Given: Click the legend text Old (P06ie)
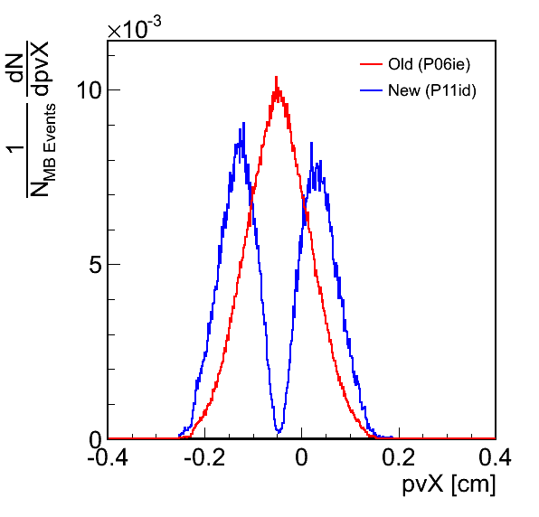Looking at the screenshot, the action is coord(429,64).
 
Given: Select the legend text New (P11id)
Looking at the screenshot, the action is coord(432,90).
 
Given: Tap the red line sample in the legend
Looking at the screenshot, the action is coord(372,64).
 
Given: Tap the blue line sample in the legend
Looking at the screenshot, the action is coord(372,90).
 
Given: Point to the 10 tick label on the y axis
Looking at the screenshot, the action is coord(90,90).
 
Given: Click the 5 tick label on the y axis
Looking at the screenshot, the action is coord(96,265).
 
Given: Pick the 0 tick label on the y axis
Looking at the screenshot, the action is coord(96,440).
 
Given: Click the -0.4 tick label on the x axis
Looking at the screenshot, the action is coord(108,458).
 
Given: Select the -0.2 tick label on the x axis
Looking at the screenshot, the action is coord(204,458).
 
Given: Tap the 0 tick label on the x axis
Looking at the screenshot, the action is coord(301,458).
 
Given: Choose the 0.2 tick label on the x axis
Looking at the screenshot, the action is coord(399,458).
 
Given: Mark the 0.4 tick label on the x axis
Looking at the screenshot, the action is coord(496,458).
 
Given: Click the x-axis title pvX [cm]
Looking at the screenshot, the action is coord(449,485).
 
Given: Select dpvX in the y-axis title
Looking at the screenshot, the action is coord(41,69).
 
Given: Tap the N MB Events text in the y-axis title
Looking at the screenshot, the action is coord(43,150).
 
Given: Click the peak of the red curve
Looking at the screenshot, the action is coord(276,77).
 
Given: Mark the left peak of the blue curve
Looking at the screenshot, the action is coord(243,123).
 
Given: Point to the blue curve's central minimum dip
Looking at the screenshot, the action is coord(279,431).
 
